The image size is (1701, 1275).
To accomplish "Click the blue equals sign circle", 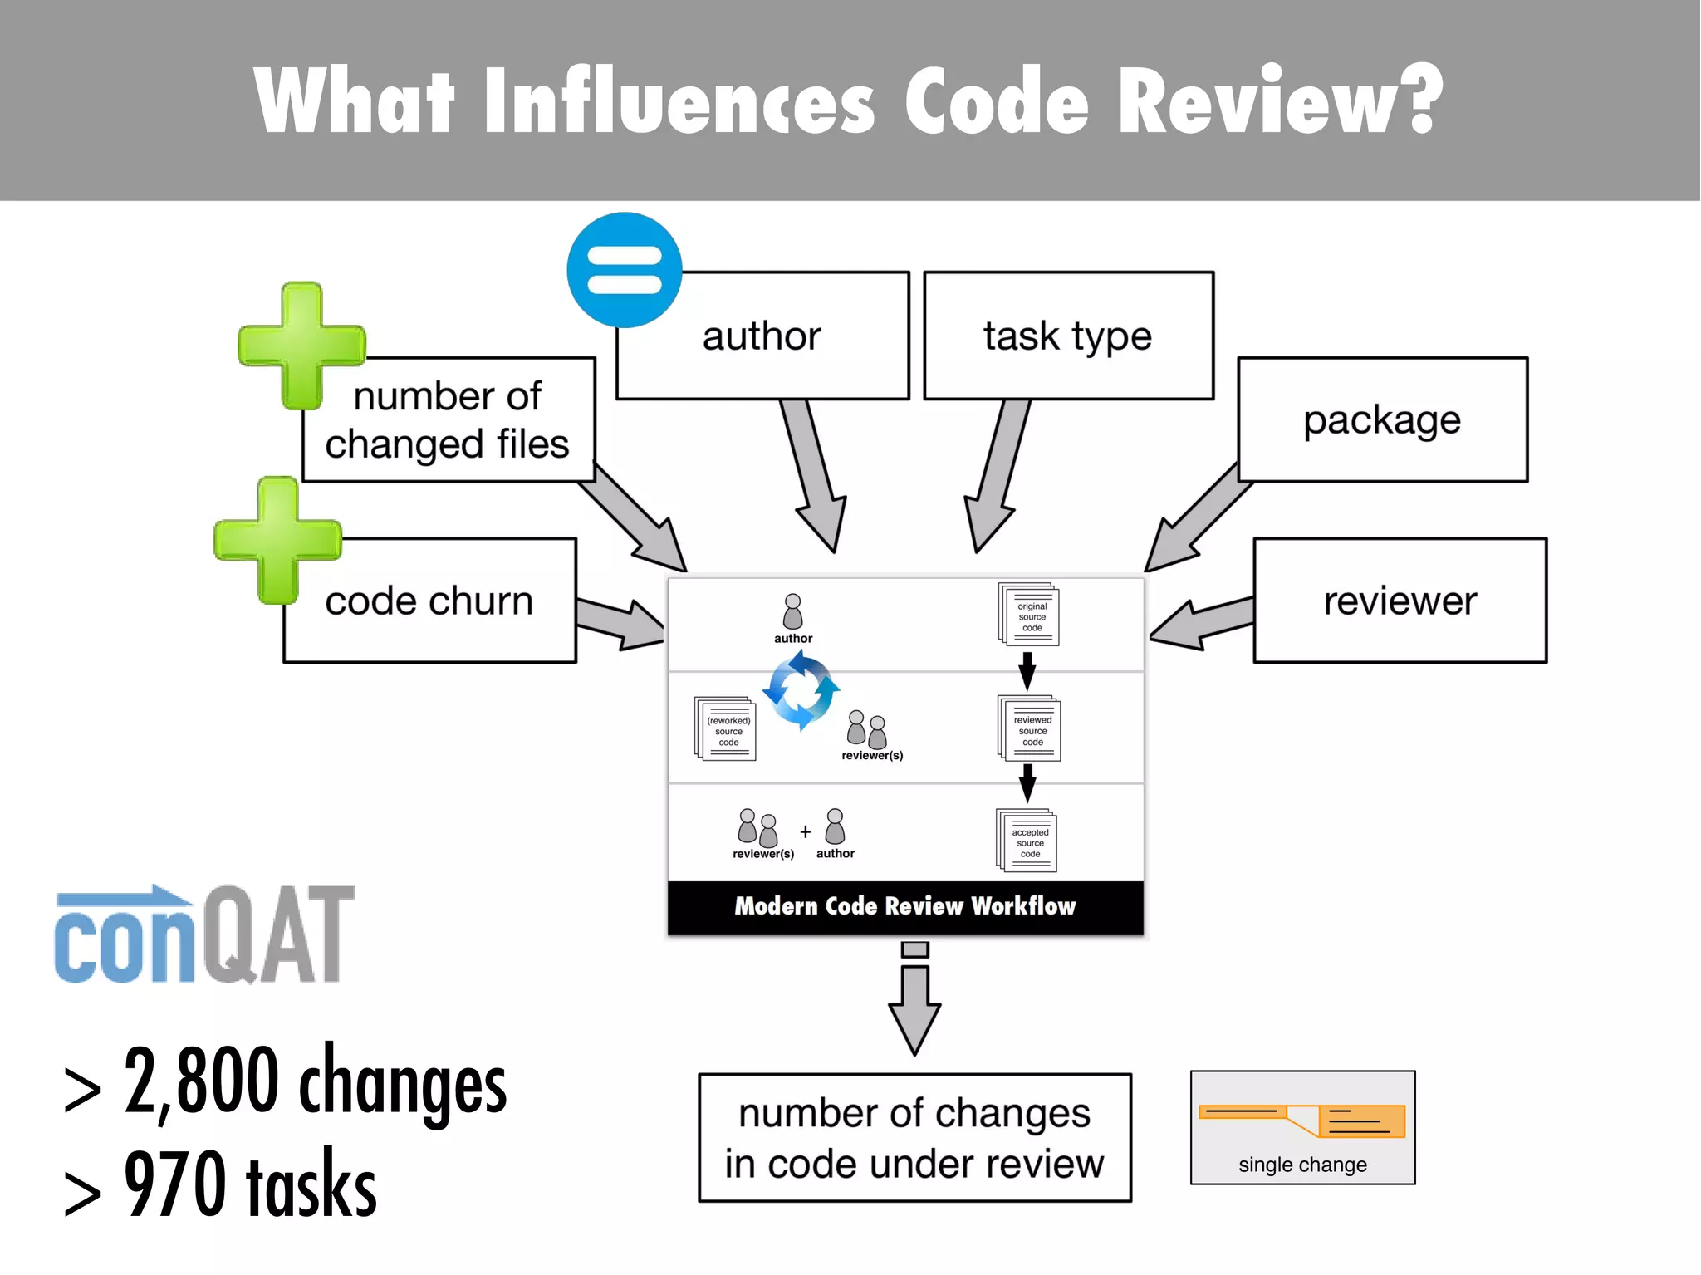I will tap(625, 270).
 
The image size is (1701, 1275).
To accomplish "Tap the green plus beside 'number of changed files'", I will tap(301, 346).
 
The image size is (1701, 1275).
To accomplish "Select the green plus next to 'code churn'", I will tap(277, 540).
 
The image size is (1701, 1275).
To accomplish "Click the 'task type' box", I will tap(1068, 336).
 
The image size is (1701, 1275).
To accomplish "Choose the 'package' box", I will tap(1382, 419).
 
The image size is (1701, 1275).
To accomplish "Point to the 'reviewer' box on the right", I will tap(1400, 601).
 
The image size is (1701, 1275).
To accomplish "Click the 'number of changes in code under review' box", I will tap(914, 1137).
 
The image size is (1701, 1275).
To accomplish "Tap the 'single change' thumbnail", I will tap(1302, 1127).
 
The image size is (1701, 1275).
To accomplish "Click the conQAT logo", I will tap(204, 935).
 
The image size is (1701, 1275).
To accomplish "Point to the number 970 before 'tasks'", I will tap(175, 1184).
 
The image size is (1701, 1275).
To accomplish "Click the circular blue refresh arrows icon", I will tap(801, 690).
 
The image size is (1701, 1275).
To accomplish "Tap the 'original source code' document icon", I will tap(1029, 615).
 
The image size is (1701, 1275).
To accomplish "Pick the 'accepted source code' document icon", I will tap(1027, 840).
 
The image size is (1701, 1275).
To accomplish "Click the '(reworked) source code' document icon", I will tap(725, 728).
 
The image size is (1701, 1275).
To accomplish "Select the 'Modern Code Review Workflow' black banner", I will tap(905, 906).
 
